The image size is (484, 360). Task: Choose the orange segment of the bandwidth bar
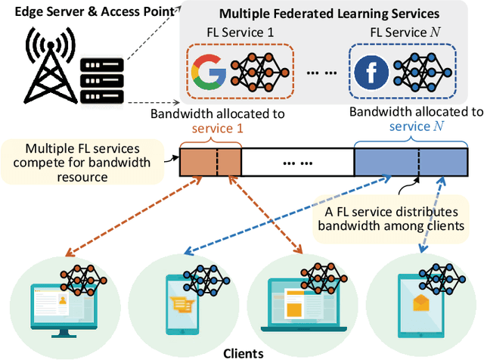209,162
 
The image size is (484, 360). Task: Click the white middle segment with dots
296,162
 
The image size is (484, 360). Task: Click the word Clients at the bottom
244,352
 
